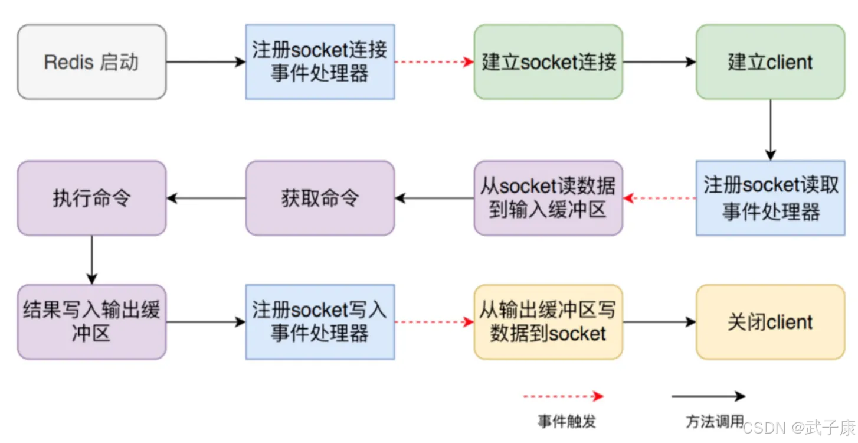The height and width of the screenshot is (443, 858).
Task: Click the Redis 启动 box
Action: (92, 62)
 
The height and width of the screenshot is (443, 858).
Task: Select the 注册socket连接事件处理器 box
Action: (320, 62)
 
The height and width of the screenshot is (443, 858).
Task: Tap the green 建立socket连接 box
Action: (548, 62)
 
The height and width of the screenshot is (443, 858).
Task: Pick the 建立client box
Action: (770, 62)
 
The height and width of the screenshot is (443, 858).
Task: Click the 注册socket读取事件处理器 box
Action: (770, 198)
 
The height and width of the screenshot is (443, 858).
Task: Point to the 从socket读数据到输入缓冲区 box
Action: (548, 198)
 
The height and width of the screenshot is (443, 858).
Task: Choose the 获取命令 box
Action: (320, 198)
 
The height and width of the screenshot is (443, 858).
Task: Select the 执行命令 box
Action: (92, 198)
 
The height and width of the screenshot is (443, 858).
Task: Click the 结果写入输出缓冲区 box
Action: (92, 322)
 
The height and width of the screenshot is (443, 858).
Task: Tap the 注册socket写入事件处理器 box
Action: (320, 322)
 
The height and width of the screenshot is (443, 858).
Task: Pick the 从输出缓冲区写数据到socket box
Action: (548, 322)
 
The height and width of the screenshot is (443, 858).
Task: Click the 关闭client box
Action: (770, 322)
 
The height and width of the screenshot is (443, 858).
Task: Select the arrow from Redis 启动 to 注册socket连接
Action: (206, 62)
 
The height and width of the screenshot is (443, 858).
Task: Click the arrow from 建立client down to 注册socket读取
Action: (770, 130)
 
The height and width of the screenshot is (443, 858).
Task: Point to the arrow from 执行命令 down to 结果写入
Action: (92, 260)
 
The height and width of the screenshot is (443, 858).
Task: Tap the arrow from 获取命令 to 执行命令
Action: (206, 198)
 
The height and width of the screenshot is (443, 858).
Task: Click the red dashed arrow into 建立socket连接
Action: (434, 62)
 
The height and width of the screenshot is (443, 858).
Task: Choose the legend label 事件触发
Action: (567, 422)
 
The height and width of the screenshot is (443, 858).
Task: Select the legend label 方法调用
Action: (715, 422)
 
